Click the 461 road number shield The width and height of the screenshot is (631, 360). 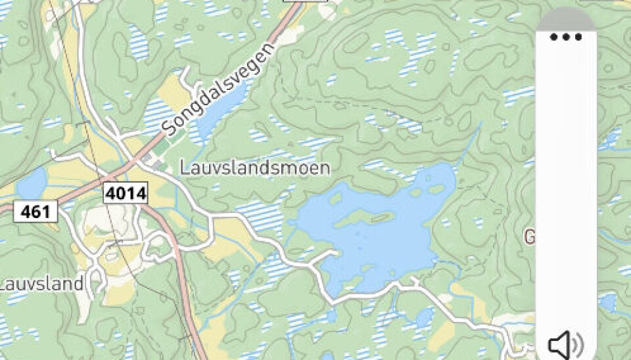point(35,212)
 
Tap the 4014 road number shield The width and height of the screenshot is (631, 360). point(125,193)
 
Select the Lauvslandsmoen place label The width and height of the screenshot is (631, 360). point(254,168)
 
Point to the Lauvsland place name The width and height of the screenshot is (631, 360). point(41,284)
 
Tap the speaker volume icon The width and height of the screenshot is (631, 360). point(565,344)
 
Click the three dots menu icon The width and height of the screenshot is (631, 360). point(566,37)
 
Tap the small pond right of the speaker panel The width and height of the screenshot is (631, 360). point(608,302)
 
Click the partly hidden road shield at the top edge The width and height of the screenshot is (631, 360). point(305,3)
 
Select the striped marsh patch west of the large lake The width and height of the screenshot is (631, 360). point(263,214)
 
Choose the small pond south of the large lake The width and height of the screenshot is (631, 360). point(424,319)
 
